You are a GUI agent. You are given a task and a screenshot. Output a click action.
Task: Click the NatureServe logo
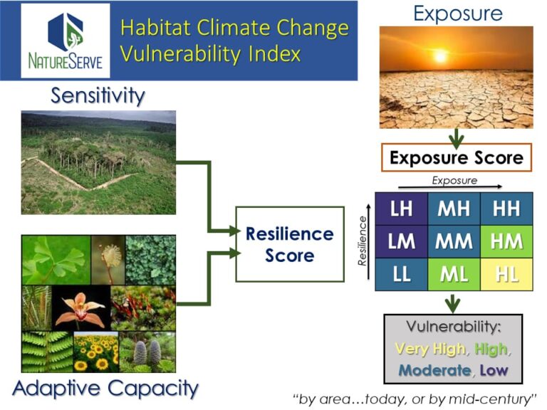coord(66,41)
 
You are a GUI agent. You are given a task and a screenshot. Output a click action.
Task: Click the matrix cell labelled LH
coord(402,209)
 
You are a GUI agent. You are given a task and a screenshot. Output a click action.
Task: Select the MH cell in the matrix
coord(454,209)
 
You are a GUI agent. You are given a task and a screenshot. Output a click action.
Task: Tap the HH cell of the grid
coord(506,209)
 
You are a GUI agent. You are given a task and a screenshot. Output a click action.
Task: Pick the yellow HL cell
coord(506,274)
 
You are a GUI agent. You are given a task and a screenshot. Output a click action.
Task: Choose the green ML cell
coord(454,274)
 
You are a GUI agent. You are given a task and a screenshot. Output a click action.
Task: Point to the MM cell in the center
coord(454,241)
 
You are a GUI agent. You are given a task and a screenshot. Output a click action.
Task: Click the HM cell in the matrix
coord(506,241)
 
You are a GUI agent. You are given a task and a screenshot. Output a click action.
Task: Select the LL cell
coord(402,274)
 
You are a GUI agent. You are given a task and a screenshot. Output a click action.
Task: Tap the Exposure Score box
coord(457,157)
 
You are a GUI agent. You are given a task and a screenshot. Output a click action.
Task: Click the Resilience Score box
coord(290,244)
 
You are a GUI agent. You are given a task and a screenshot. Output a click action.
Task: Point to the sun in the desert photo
coord(440,56)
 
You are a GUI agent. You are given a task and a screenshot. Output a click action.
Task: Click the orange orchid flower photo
coord(81,308)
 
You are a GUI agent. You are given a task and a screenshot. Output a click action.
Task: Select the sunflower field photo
coord(96,352)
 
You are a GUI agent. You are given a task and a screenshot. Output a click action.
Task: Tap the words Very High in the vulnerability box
coord(430,349)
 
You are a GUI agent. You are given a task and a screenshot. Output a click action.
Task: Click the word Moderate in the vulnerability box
coord(434,370)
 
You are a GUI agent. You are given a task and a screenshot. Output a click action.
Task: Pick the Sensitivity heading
coord(98,95)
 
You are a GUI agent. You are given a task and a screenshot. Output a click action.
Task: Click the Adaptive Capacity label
coord(105,389)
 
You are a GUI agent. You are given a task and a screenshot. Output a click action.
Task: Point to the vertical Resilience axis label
coord(363,241)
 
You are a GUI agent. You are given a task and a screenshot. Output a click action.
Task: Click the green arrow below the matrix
coord(452,303)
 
